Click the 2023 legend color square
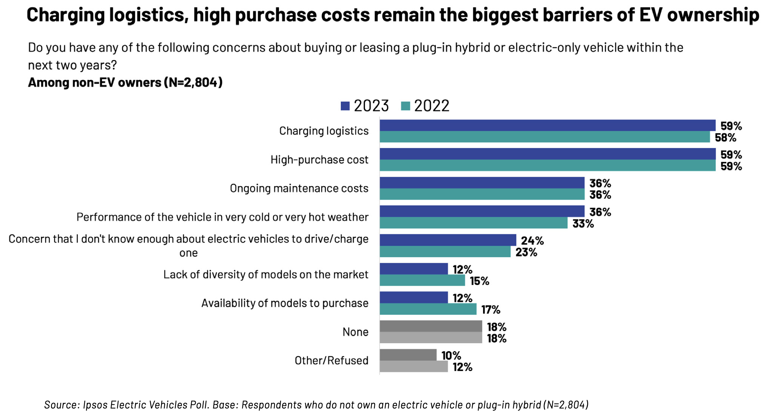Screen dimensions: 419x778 coord(345,106)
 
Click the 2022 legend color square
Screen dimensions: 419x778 coord(405,106)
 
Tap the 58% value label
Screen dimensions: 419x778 coord(725,137)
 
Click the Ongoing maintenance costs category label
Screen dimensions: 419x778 coord(299,189)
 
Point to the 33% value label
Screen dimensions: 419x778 coord(583,223)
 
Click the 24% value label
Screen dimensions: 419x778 coord(532,241)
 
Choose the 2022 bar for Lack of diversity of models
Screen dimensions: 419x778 coord(422,280)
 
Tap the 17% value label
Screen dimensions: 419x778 coord(490,310)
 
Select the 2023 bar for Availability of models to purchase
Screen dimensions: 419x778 coord(413,297)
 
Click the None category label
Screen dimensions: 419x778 coord(355,332)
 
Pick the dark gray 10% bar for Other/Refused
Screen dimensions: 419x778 coord(408,355)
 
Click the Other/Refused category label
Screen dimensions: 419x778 coord(331,361)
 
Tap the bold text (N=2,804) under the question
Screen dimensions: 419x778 coord(193,83)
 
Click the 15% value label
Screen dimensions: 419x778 coord(479,281)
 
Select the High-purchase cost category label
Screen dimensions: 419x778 coord(319,160)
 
